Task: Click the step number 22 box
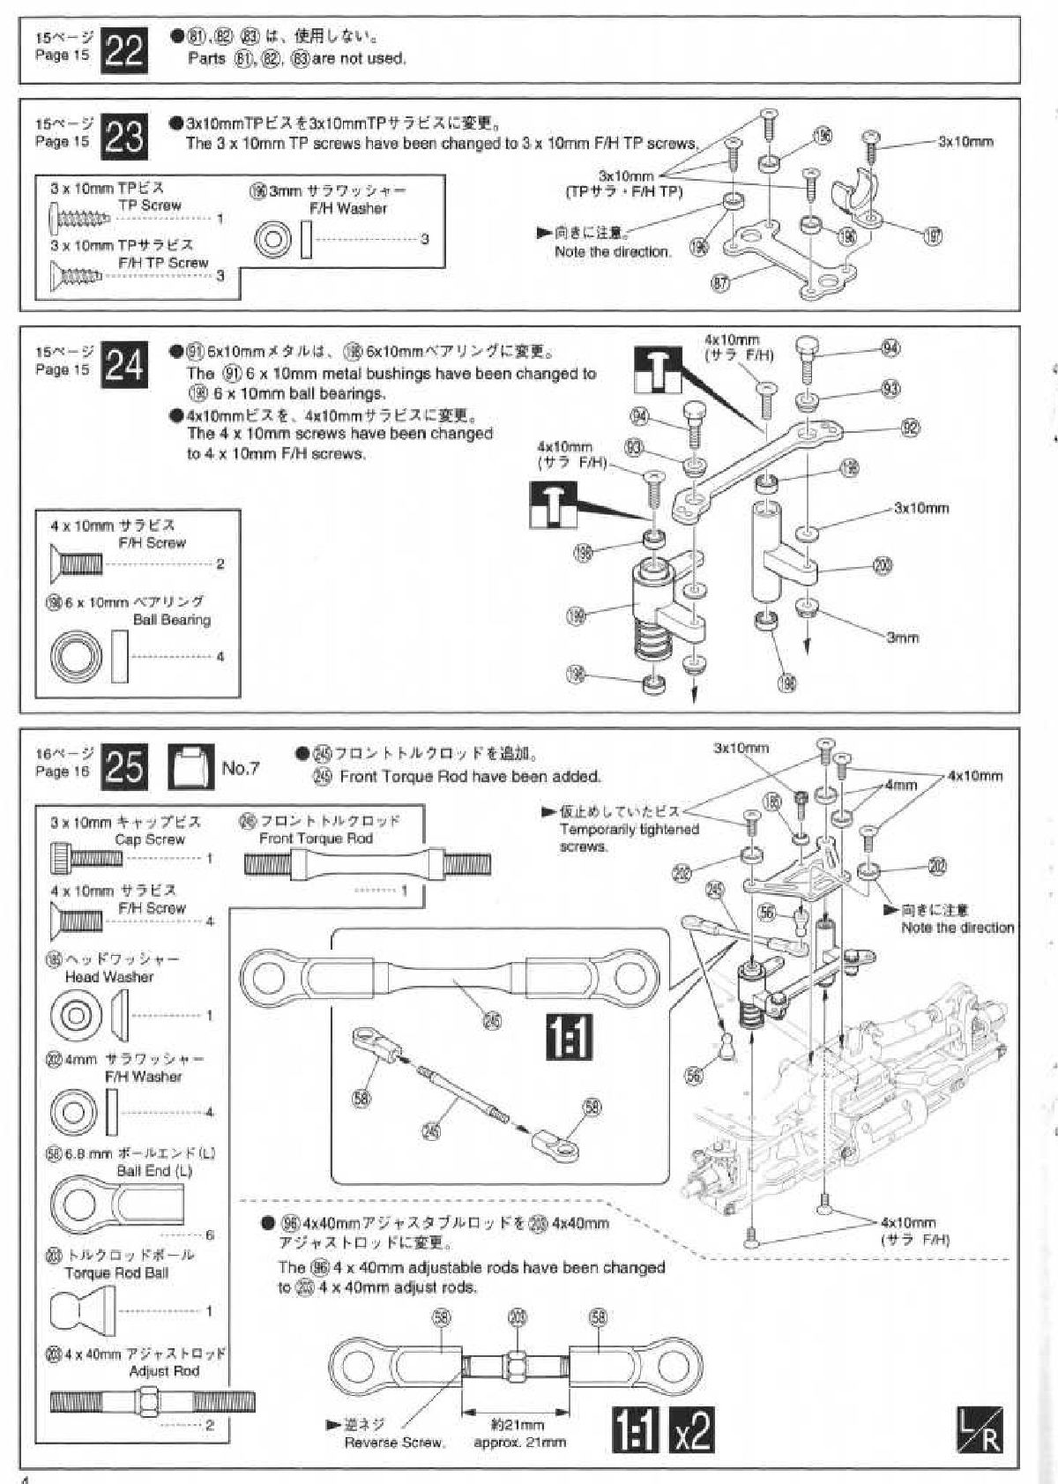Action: [124, 51]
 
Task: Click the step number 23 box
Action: [124, 137]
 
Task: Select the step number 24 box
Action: [124, 363]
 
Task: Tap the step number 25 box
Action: [124, 767]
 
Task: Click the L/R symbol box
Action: [980, 1430]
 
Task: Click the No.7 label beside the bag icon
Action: [240, 768]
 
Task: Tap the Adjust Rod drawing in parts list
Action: [152, 1400]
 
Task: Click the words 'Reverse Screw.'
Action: [394, 1443]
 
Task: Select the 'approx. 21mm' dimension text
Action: [519, 1443]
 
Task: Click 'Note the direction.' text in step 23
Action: [613, 251]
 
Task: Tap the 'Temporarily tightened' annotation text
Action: [629, 829]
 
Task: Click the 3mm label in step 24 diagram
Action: [902, 637]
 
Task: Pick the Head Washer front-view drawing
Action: [74, 1014]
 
